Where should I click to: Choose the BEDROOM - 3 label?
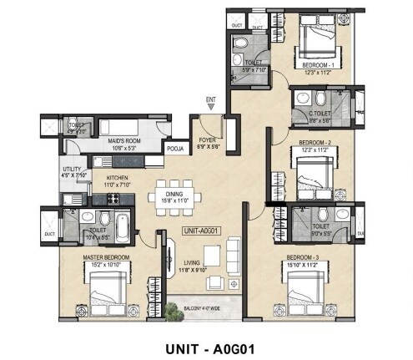pos(304,256)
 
